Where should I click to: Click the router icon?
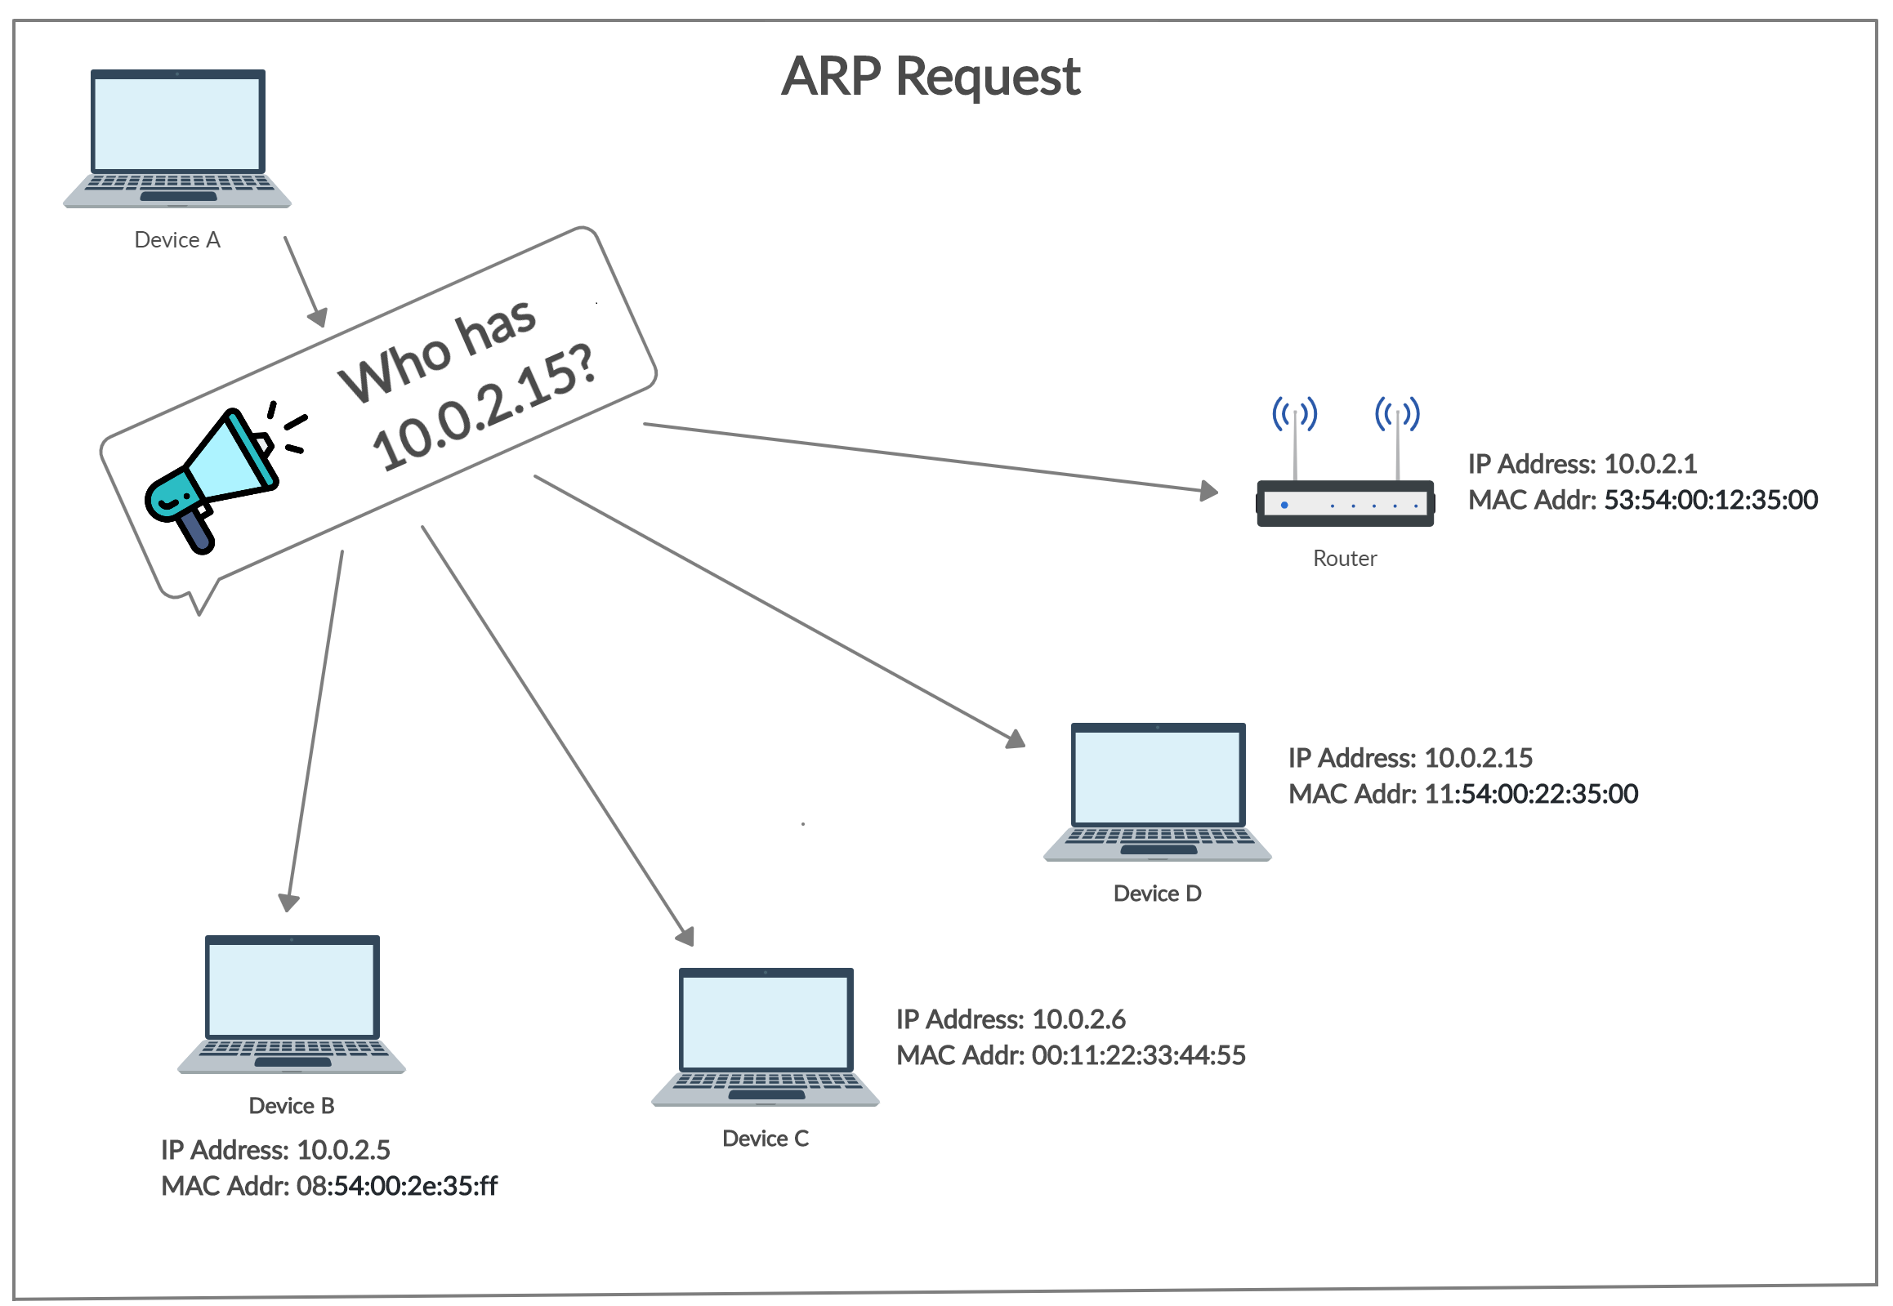tap(1345, 501)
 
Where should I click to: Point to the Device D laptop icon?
tap(1157, 791)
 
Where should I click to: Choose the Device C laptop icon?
tap(766, 1036)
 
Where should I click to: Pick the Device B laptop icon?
tap(292, 1003)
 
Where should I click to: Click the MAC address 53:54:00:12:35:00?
tap(1710, 500)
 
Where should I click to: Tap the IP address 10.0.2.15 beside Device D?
tap(1477, 758)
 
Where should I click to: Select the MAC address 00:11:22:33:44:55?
tap(1137, 1055)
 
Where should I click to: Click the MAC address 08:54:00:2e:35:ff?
tap(396, 1187)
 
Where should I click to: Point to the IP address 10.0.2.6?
tap(1078, 1019)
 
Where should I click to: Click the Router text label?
tap(1345, 558)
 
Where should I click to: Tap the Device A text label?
tap(177, 240)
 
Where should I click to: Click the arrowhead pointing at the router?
tap(1209, 491)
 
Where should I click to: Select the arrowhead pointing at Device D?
tap(1016, 740)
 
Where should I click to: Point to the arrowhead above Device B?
tap(289, 902)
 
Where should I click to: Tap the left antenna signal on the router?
tap(1294, 413)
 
